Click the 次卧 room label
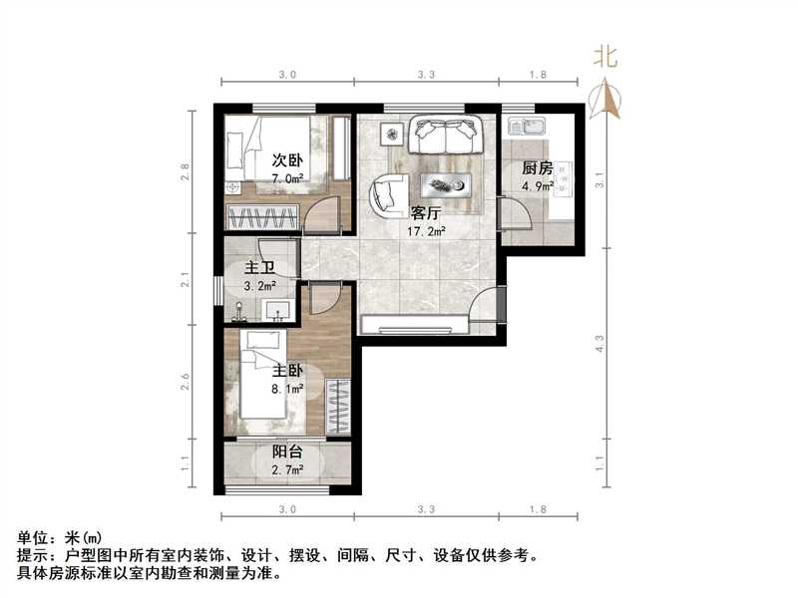click(x=288, y=159)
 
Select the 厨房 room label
click(x=539, y=168)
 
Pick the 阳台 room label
click(x=288, y=452)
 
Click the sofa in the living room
click(x=445, y=134)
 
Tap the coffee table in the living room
click(x=447, y=183)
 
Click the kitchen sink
click(x=525, y=126)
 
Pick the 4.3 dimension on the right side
click(x=598, y=343)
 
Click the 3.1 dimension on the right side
click(x=598, y=180)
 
